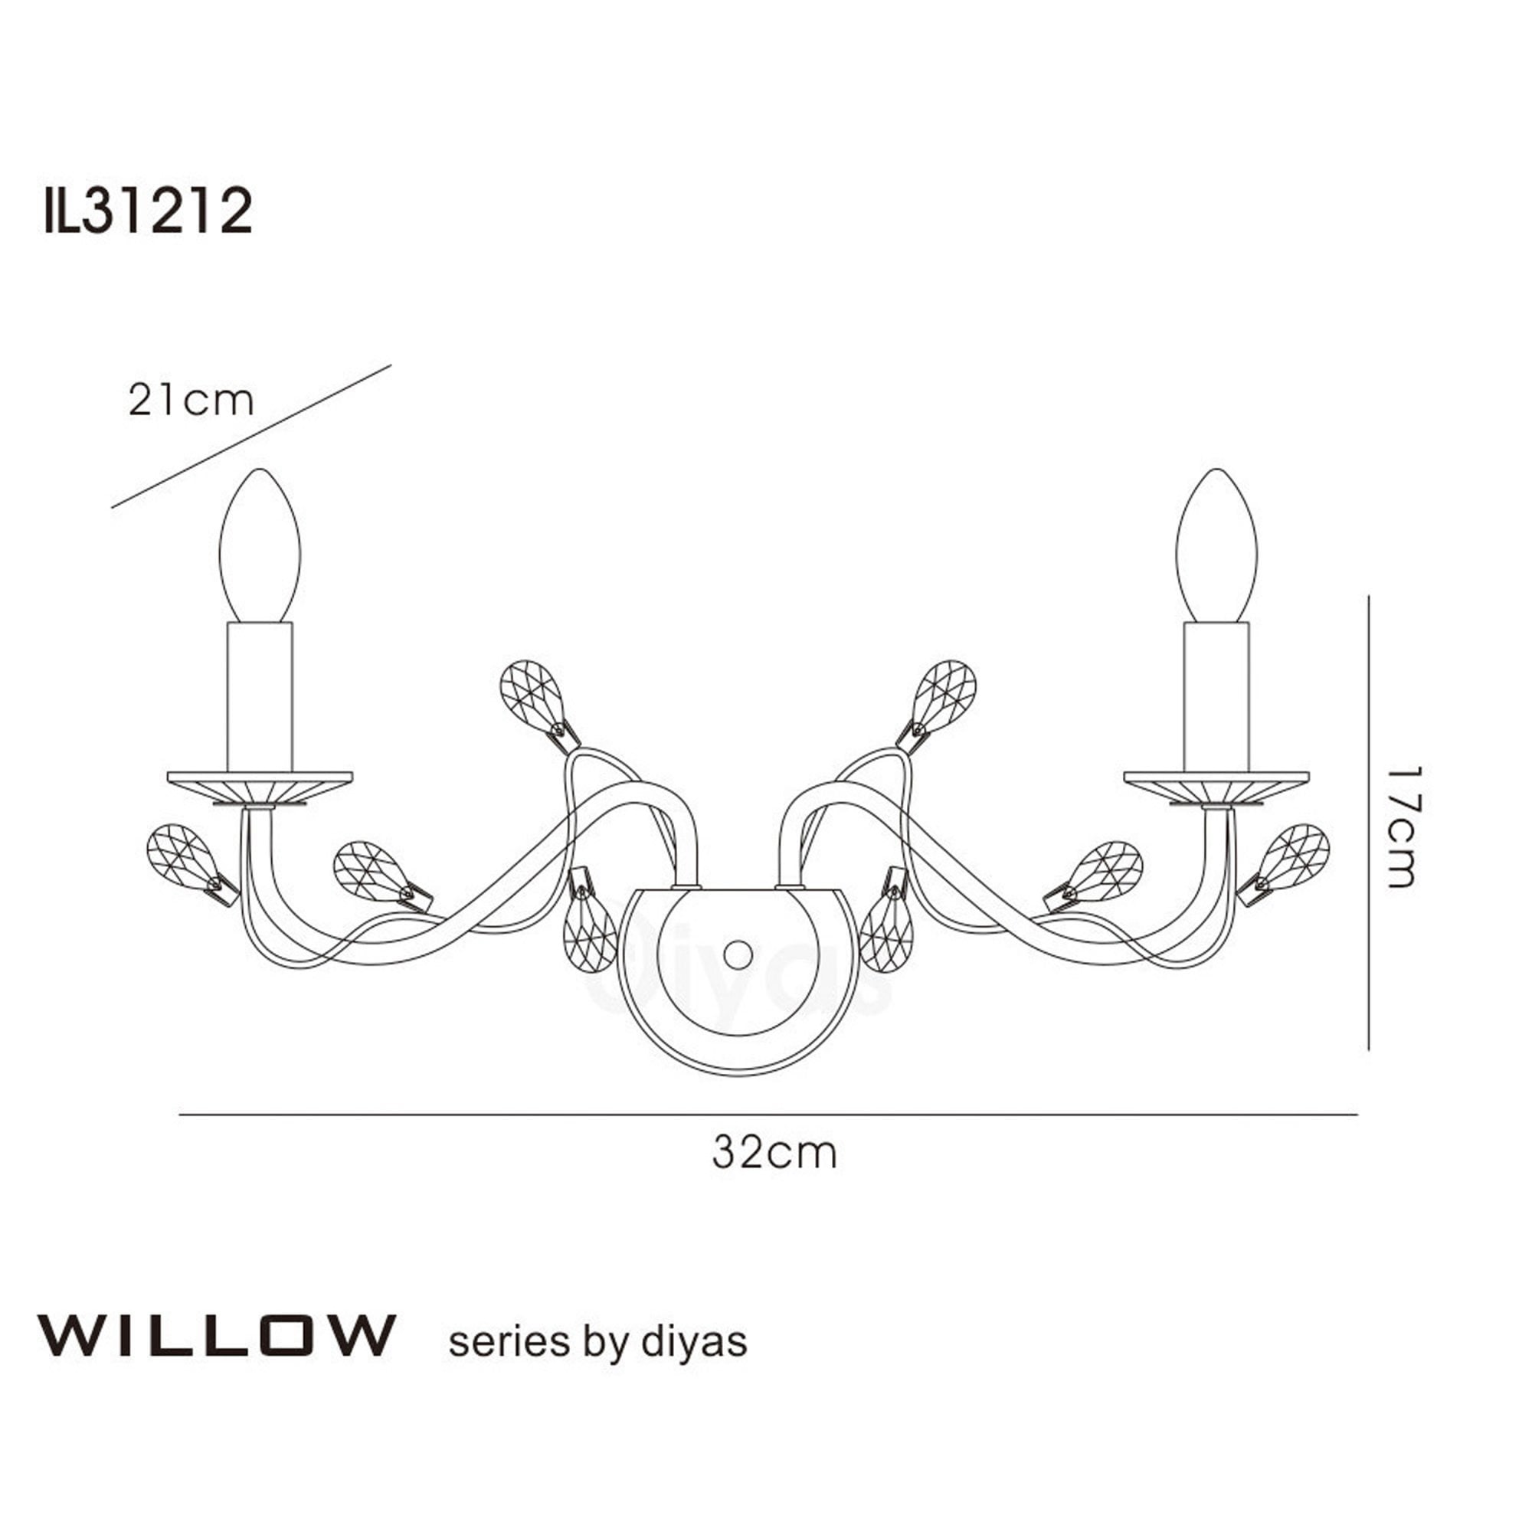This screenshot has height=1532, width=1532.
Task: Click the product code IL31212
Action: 149,211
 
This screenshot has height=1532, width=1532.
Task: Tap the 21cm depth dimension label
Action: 190,401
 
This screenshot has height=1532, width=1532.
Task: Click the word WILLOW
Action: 216,1336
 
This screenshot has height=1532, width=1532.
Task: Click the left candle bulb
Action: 260,548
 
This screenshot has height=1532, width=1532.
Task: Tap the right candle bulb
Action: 1217,548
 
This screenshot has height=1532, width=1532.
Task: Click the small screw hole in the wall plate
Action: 739,953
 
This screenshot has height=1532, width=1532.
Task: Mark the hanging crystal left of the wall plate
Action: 589,937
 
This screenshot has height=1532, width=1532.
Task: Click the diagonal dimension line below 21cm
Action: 252,436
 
